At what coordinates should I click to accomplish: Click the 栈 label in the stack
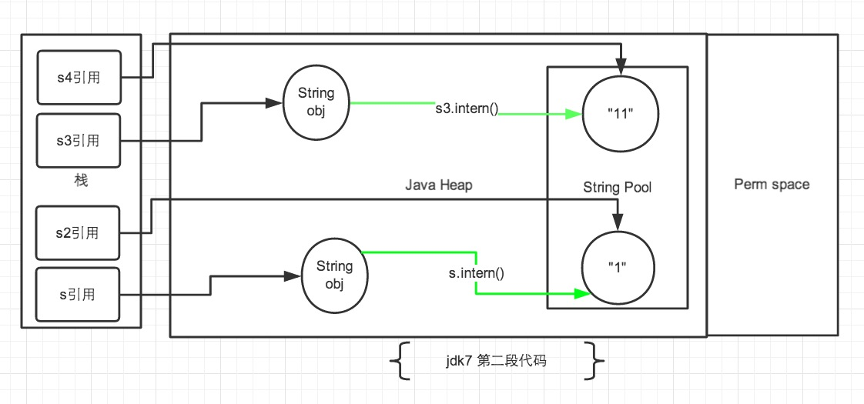80,182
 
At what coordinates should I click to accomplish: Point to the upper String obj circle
316,102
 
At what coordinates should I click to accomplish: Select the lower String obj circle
334,275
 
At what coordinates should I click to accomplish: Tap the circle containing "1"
621,269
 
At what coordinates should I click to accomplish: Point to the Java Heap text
438,185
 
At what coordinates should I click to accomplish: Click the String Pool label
617,187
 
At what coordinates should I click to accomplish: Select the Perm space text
772,185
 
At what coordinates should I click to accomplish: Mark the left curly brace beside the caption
400,361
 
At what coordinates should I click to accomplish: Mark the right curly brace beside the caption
596,361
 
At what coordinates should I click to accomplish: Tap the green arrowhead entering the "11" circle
574,115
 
